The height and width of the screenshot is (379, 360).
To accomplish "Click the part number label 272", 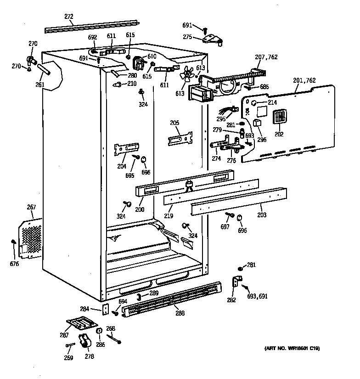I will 68,17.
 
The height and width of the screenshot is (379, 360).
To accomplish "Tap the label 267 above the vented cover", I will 31,208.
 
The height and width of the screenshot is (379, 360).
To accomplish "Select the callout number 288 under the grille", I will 180,314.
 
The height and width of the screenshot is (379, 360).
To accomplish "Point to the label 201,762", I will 304,80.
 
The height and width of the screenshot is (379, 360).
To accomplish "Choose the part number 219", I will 169,215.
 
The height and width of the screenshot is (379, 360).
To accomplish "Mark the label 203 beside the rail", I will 262,215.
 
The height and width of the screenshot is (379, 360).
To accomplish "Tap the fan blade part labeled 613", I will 187,75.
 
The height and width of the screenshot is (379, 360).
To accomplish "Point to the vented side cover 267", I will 30,237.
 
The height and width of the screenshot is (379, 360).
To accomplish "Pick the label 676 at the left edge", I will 16,264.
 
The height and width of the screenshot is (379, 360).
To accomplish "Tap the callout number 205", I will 174,123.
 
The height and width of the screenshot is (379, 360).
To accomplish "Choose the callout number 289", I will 154,293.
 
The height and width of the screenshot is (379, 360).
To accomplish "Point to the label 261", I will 40,85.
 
